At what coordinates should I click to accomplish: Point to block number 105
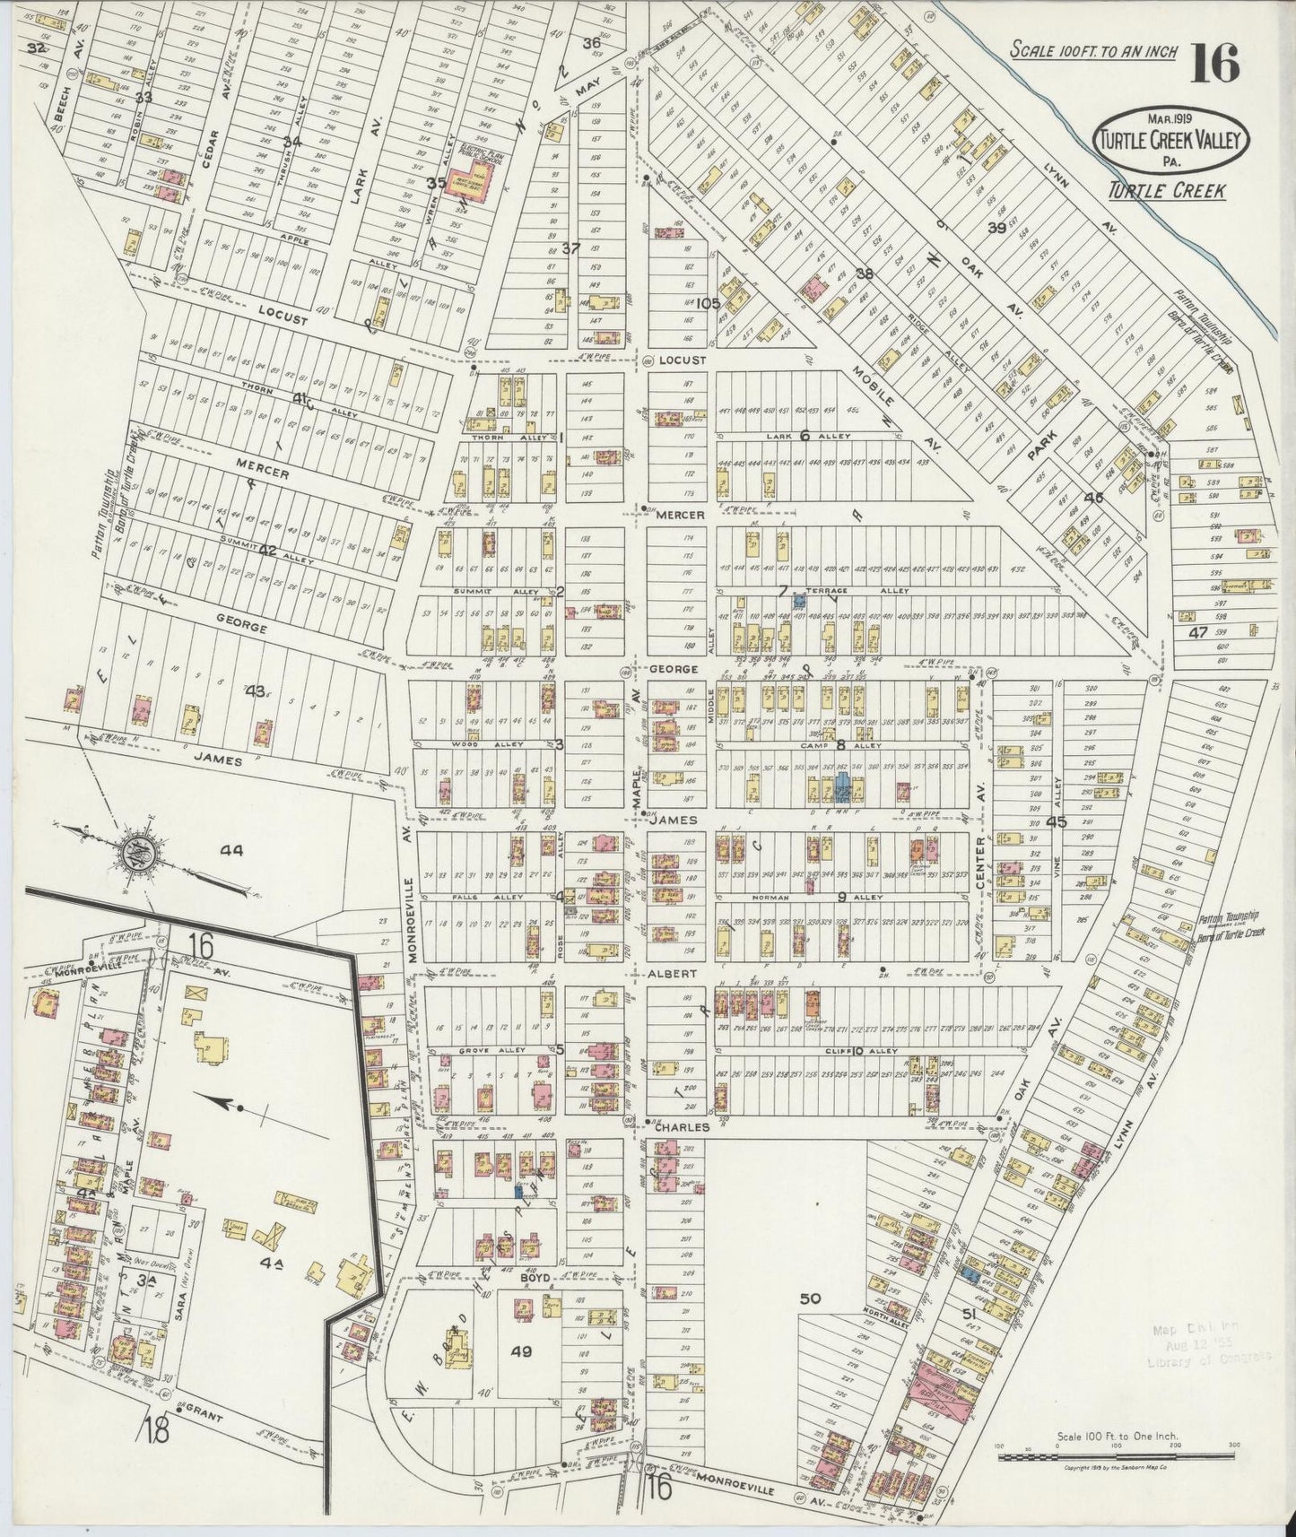tap(707, 303)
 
